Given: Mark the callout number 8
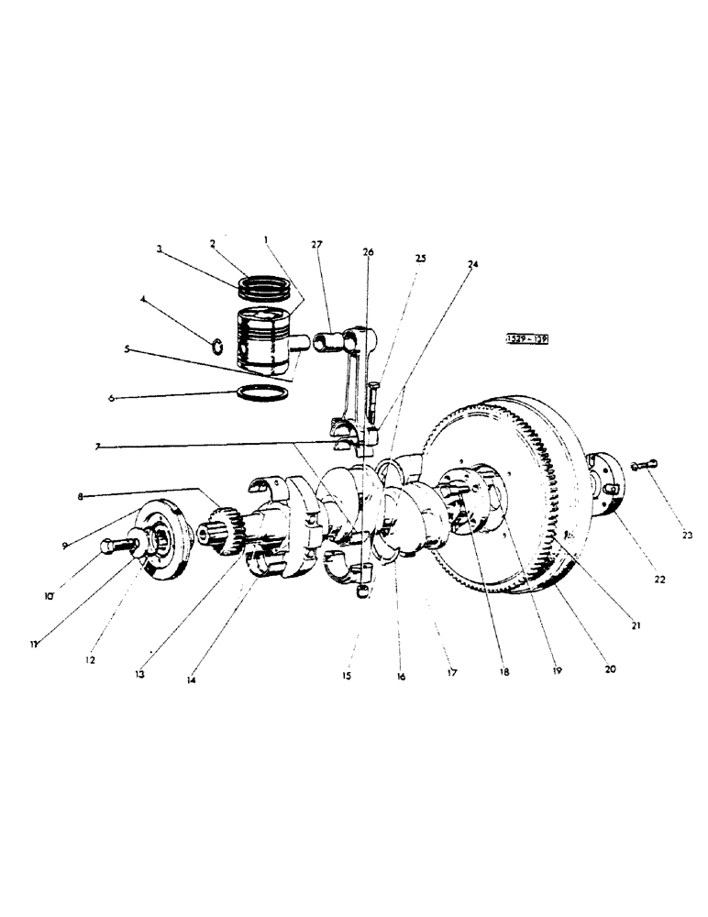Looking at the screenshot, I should click(82, 496).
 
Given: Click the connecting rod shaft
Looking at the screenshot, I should click(354, 381).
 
